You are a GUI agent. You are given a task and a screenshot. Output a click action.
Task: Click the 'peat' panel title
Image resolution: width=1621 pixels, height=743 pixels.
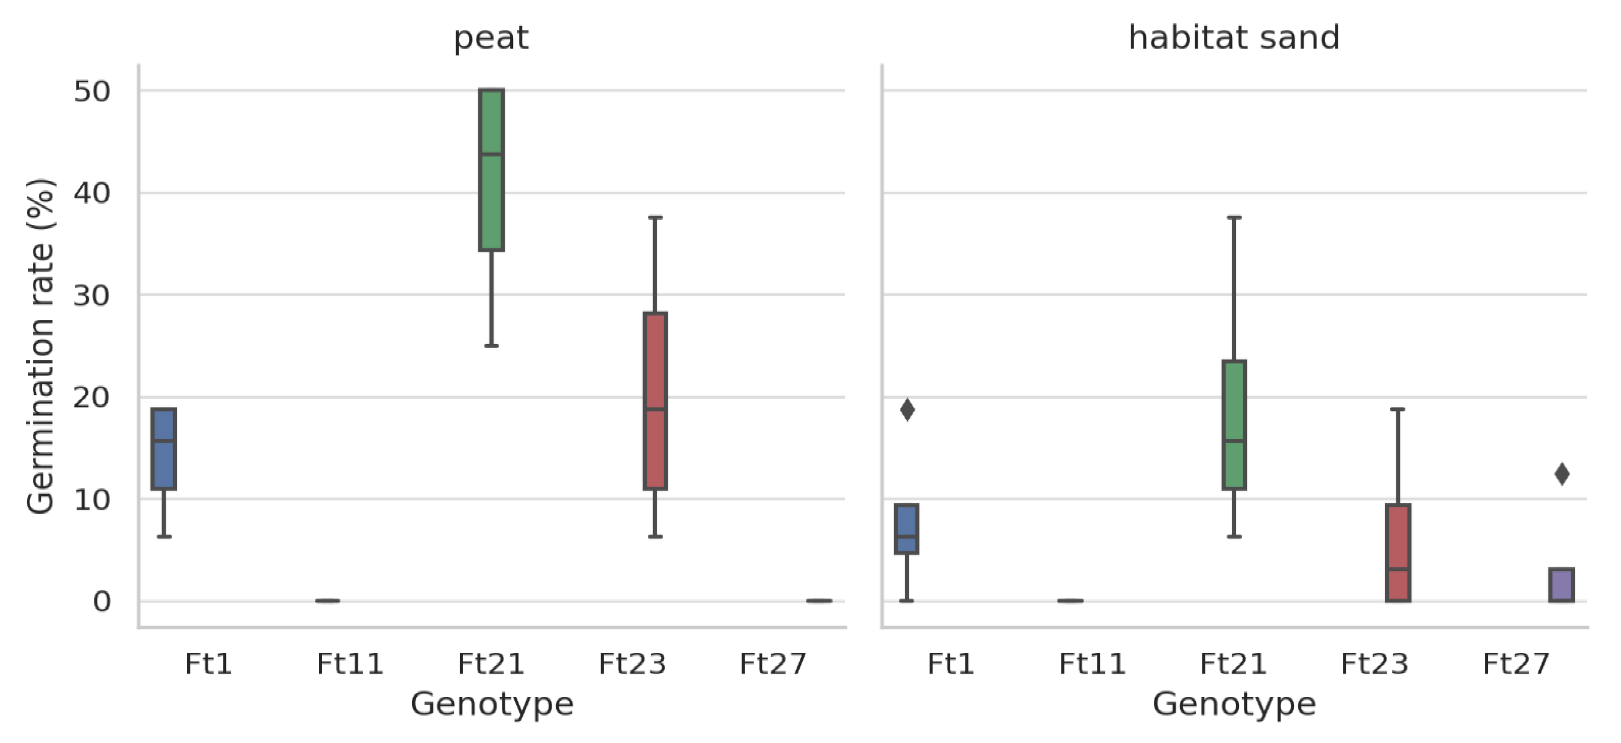click(491, 38)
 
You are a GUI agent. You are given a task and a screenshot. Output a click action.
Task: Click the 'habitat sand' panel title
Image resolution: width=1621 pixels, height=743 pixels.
click(1234, 38)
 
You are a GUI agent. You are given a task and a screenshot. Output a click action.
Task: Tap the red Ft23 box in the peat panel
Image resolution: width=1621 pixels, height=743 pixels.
click(655, 365)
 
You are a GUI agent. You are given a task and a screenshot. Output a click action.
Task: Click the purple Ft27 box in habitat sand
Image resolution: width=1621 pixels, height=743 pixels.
click(1561, 585)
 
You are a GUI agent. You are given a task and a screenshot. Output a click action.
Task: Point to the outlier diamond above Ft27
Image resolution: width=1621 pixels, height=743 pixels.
click(1562, 474)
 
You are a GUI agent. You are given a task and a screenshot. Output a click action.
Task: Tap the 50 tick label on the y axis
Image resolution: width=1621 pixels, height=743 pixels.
click(92, 92)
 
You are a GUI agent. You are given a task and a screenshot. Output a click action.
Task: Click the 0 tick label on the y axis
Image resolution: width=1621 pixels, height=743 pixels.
click(101, 602)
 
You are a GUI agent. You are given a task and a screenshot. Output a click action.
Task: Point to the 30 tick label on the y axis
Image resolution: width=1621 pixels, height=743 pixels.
click(92, 296)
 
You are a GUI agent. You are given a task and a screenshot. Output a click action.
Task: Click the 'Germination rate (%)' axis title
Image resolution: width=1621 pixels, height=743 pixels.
click(40, 346)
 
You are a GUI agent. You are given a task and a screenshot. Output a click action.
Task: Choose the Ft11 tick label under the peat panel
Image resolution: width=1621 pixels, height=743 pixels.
click(350, 664)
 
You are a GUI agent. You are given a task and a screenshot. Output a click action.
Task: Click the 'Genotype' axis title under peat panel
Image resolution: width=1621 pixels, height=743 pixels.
click(492, 704)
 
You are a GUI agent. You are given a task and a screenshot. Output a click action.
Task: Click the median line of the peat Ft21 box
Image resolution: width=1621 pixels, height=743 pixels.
click(492, 153)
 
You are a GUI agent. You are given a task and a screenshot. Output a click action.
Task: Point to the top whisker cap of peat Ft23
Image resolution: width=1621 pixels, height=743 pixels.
click(655, 218)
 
